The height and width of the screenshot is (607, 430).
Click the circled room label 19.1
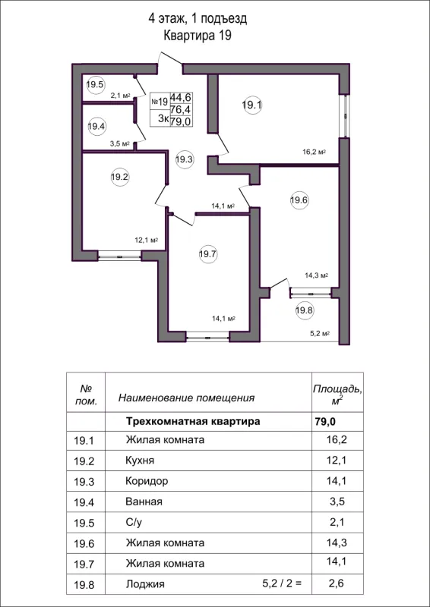point(251,105)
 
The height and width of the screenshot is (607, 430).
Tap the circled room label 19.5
point(95,85)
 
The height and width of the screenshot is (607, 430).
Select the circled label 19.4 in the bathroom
point(96,127)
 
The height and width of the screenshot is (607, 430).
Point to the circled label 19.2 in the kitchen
point(119,178)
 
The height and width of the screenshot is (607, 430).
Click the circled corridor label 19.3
point(184,159)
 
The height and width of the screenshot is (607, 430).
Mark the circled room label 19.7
point(208,255)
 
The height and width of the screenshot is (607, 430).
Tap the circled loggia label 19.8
point(304,310)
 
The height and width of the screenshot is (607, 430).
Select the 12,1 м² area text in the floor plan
point(146,241)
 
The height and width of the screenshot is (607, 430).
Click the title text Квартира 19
point(197,35)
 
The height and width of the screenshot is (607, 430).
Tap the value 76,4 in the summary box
point(180,108)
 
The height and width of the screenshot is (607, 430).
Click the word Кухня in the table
point(140,461)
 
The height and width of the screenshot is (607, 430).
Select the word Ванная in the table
point(144,502)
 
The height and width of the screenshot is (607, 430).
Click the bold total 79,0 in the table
point(324,420)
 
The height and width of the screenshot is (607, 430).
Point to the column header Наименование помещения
point(186,397)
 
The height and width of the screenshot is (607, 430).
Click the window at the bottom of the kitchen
point(120,256)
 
